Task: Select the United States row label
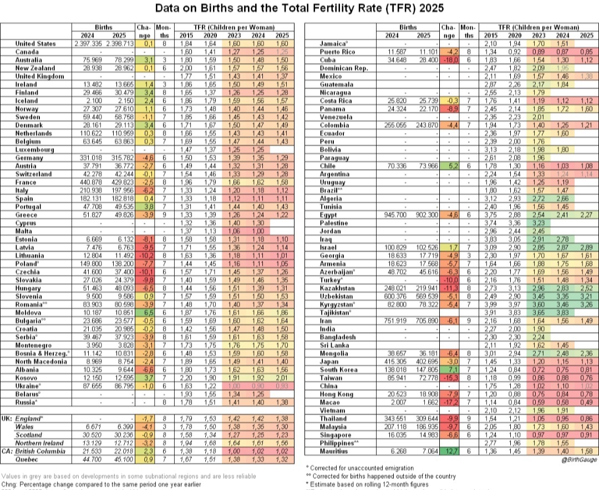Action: click(35, 43)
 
